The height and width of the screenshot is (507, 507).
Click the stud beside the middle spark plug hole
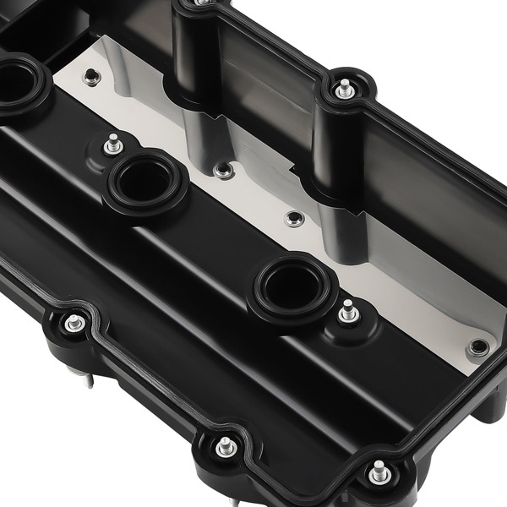click(x=113, y=144)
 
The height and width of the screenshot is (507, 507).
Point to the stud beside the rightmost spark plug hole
click(x=346, y=311)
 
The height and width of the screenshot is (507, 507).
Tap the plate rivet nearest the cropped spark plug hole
click(x=91, y=78)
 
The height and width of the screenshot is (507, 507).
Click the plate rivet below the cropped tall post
click(x=223, y=171)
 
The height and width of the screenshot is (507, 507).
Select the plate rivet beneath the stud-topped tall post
click(x=294, y=219)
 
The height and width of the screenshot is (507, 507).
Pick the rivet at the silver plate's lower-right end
click(x=478, y=346)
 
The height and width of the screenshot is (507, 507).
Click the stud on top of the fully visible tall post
click(x=344, y=88)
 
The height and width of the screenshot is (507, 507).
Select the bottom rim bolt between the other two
click(x=226, y=447)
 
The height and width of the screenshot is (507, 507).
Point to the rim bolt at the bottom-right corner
click(x=379, y=472)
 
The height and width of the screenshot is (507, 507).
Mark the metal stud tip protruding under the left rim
click(x=88, y=379)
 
